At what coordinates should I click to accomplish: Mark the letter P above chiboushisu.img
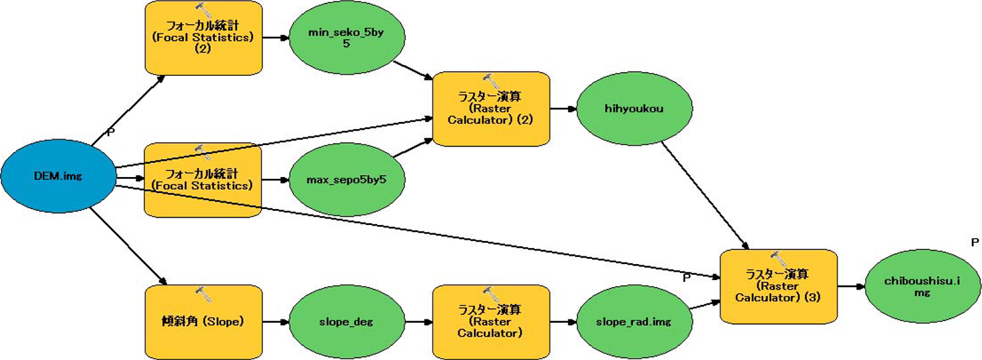click(975, 241)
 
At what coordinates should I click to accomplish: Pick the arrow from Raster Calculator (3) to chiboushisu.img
click(852, 287)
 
